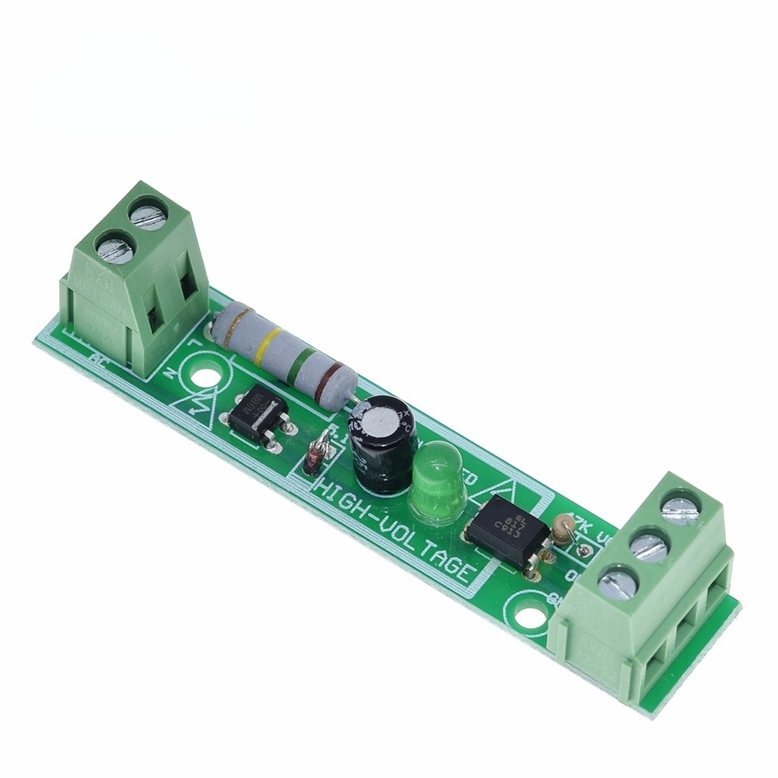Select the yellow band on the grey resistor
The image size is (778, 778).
(269, 344)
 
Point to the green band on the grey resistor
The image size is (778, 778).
(304, 363)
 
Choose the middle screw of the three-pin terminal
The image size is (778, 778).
(647, 545)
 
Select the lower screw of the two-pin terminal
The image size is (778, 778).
(111, 248)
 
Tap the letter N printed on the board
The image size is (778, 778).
(170, 372)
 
